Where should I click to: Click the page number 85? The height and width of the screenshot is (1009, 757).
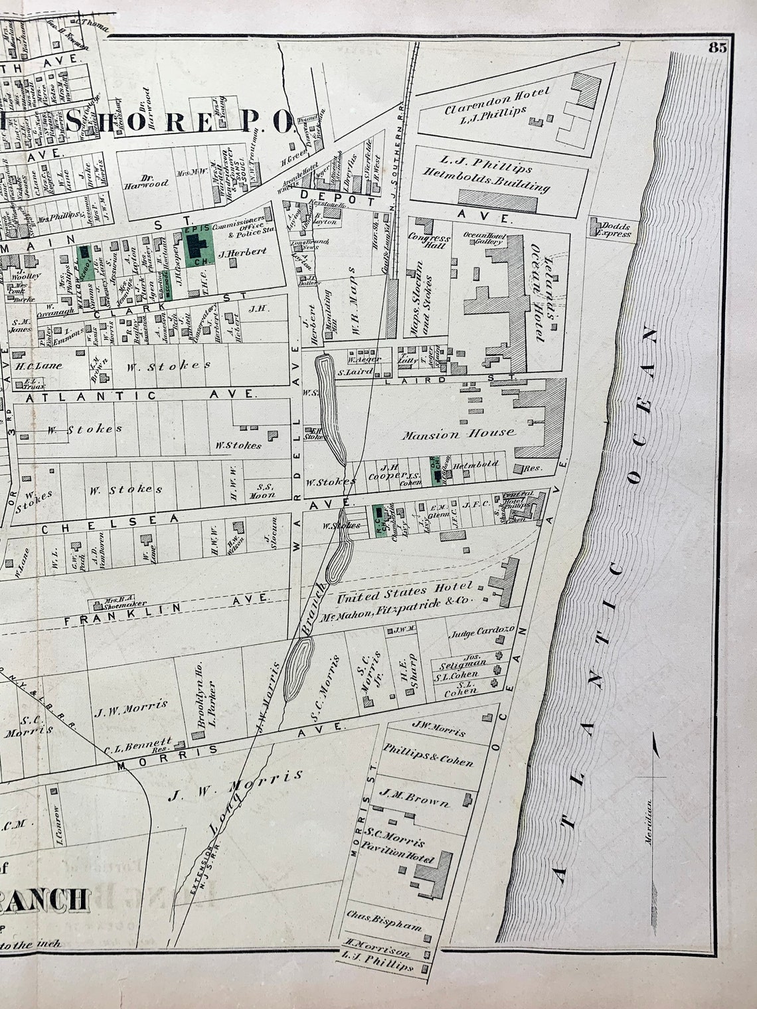(717, 47)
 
